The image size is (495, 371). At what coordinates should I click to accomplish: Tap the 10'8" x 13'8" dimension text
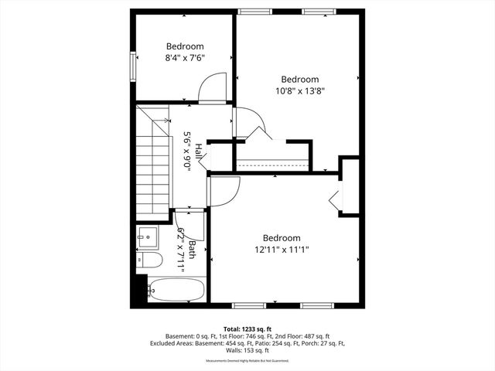pyautogui.click(x=299, y=90)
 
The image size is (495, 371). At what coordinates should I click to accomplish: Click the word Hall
pyautogui.click(x=199, y=151)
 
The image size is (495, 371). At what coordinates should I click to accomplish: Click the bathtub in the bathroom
pyautogui.click(x=176, y=291)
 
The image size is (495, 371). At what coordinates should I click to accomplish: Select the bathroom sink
pyautogui.click(x=148, y=235)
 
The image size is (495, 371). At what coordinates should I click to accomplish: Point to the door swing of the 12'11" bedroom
pyautogui.click(x=224, y=191)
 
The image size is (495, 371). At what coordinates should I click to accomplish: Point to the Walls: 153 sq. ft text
pyautogui.click(x=247, y=351)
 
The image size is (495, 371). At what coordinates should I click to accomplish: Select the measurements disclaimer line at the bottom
pyautogui.click(x=247, y=361)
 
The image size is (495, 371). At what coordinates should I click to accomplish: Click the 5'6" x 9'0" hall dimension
pyautogui.click(x=187, y=151)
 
